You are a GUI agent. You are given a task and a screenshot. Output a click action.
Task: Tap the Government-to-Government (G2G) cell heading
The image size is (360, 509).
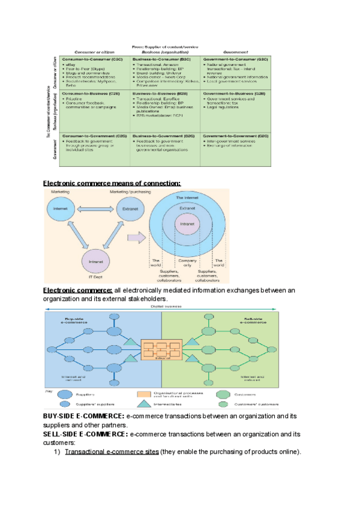click(233, 136)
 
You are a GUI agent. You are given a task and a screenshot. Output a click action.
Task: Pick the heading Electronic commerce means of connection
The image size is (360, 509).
click(112, 182)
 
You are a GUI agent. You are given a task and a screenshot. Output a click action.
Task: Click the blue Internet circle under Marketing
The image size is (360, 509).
click(61, 209)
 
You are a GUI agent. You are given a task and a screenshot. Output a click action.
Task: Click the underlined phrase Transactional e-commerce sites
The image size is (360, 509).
click(112, 452)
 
